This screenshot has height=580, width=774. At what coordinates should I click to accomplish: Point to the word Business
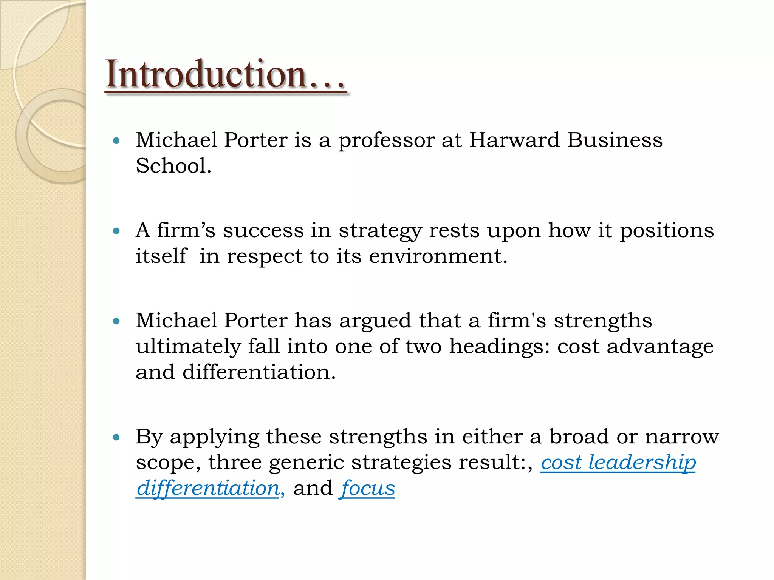coord(615,140)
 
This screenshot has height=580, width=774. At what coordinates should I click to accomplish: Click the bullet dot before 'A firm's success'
coord(116,231)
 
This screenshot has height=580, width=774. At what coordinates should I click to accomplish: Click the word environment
coord(438,256)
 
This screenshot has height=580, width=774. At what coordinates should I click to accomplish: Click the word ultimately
coord(188,347)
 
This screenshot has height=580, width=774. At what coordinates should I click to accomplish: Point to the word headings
coord(499,347)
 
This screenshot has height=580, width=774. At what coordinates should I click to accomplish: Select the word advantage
coord(660,347)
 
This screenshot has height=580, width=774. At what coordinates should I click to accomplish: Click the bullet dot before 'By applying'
coord(116,437)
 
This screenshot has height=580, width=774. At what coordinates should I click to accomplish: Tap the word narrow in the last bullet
coord(682,437)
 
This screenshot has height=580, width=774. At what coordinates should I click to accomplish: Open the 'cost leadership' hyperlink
coord(618,463)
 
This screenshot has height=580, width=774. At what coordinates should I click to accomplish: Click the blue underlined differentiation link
coord(208,488)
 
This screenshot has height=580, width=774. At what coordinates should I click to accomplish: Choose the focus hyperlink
coord(367,488)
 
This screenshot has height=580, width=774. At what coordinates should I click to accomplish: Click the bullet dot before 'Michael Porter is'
coord(116,141)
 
